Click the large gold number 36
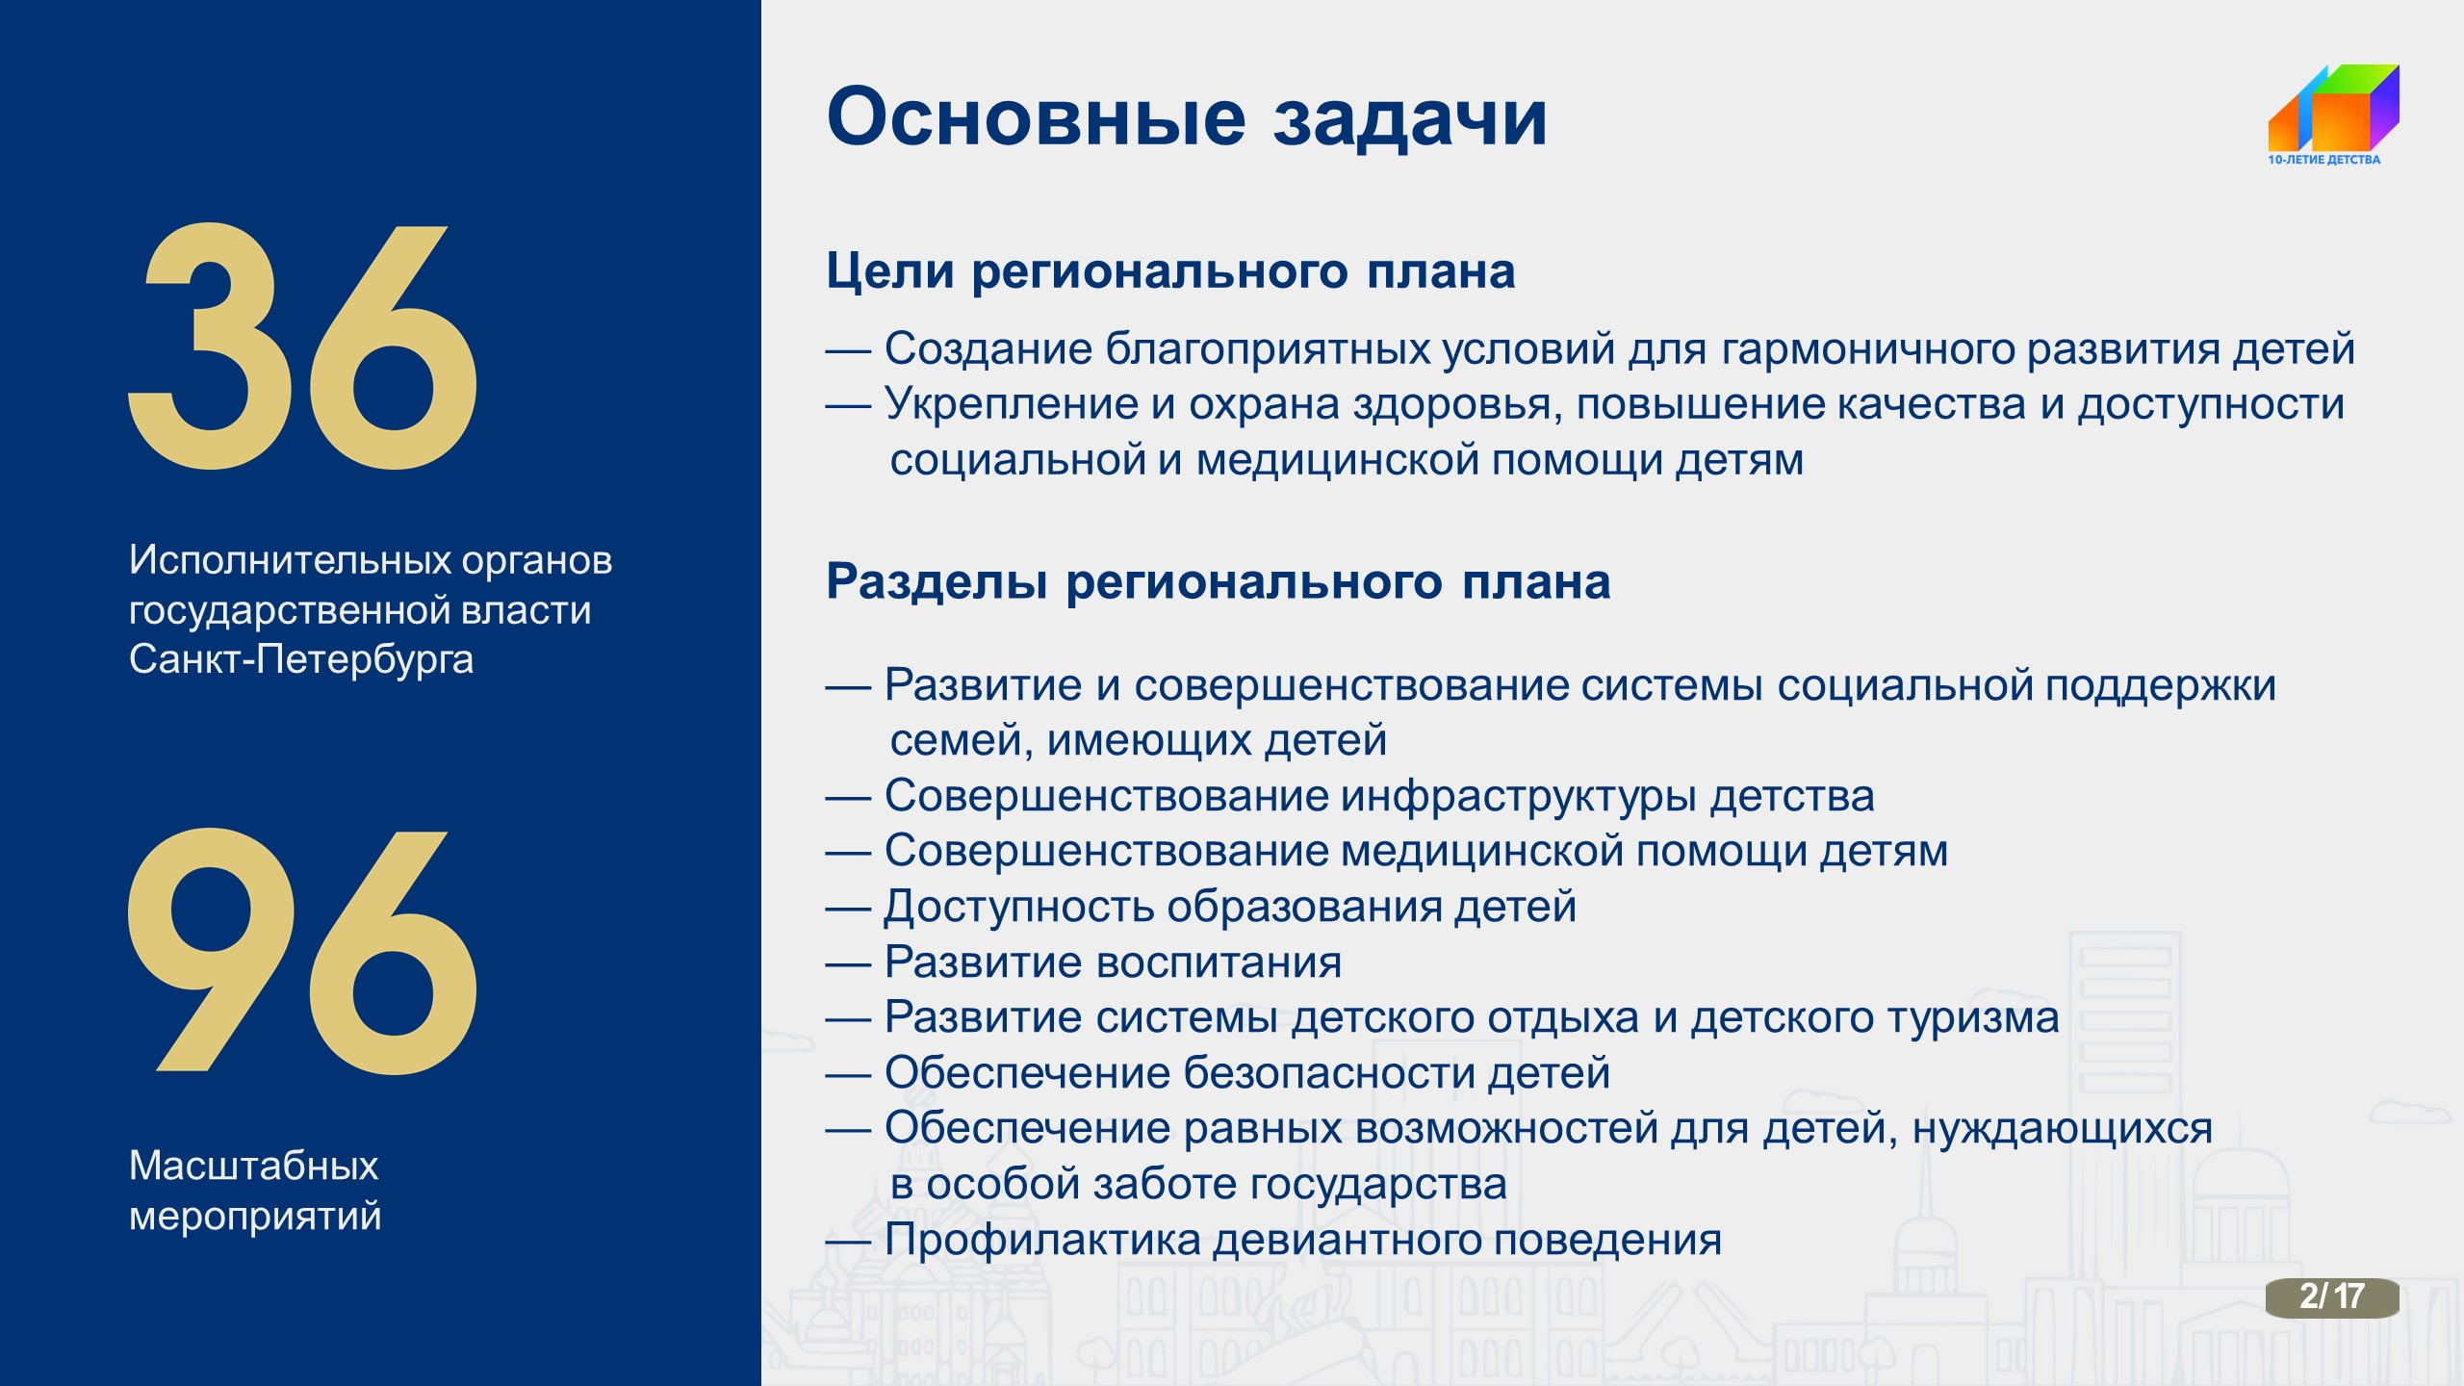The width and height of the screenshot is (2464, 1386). [x=302, y=346]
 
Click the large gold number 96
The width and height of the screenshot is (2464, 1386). [x=302, y=951]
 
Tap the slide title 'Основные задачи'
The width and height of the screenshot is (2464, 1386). [x=1187, y=118]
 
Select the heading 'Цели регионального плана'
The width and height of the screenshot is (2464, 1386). [x=1170, y=271]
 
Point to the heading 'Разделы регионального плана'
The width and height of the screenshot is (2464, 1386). [x=1218, y=582]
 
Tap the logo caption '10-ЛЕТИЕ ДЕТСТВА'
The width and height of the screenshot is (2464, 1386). [x=2323, y=160]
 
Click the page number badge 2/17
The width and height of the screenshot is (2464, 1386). [x=2332, y=1296]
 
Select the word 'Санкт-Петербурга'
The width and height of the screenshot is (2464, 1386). [x=301, y=660]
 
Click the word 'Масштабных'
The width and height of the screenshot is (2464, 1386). [x=254, y=1166]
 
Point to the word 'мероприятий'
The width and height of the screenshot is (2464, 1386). [x=255, y=1217]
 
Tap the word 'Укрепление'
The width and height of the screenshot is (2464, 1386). [x=1012, y=405]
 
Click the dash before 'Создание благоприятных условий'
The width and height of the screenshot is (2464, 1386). [x=848, y=351]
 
